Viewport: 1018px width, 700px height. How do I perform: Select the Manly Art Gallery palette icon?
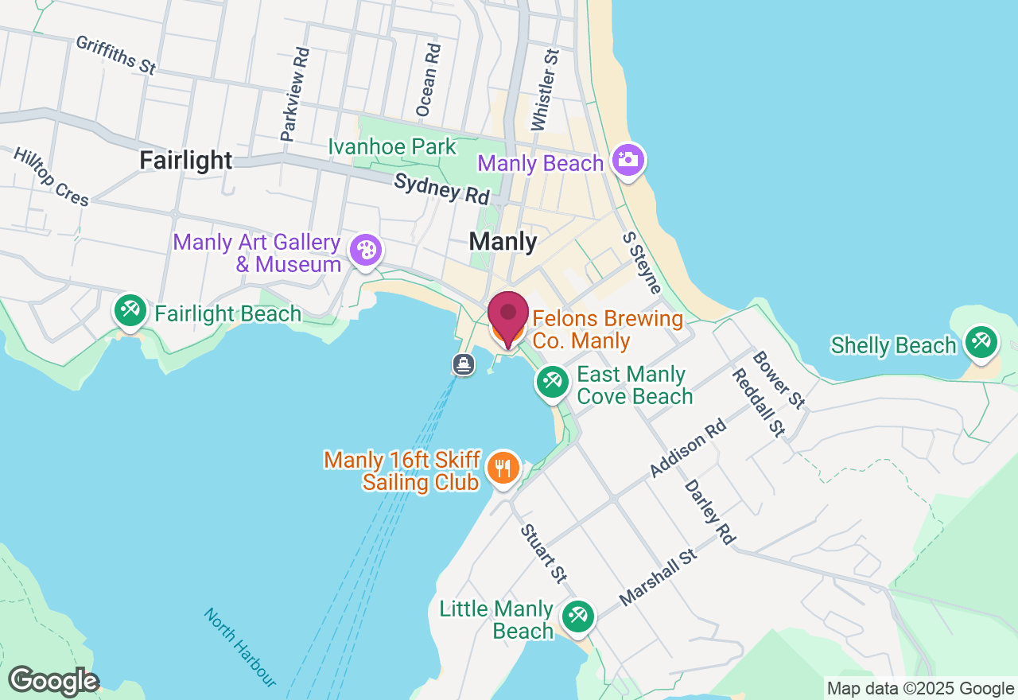[365, 251]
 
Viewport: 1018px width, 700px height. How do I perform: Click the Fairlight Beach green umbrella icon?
[129, 311]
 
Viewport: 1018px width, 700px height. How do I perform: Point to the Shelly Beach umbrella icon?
[981, 343]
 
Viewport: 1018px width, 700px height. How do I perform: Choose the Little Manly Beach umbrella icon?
[578, 617]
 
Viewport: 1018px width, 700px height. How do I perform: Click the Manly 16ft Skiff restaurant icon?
[502, 469]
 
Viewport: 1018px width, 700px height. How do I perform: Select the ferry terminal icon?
[464, 365]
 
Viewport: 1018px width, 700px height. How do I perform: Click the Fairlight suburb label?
[186, 161]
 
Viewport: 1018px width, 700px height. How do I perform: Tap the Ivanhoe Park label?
[393, 147]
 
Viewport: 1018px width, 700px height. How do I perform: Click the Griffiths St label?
[116, 55]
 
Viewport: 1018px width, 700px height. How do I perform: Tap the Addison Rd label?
[688, 449]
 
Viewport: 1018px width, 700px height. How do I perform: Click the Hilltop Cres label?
[52, 177]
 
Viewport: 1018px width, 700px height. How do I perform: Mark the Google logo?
[53, 682]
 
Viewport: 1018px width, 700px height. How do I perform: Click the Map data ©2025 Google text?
[920, 689]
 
